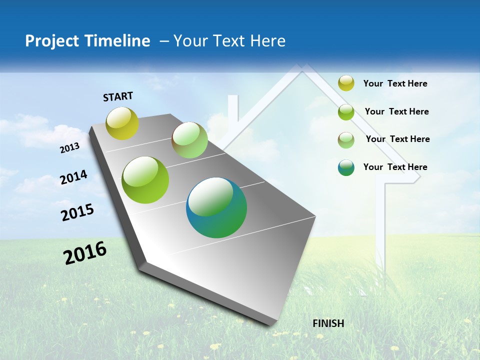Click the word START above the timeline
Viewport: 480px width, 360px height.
pyautogui.click(x=118, y=96)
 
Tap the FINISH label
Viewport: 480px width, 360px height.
pyautogui.click(x=328, y=323)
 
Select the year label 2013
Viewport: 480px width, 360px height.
pyautogui.click(x=70, y=148)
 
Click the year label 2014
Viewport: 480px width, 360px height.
pyautogui.click(x=74, y=177)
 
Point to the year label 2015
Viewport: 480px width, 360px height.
pyautogui.click(x=77, y=212)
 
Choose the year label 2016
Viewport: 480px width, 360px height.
pyautogui.click(x=85, y=253)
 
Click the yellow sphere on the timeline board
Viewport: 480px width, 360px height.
pyautogui.click(x=122, y=123)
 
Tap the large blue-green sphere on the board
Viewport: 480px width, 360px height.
pyautogui.click(x=216, y=207)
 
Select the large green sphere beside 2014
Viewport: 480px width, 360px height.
pyautogui.click(x=145, y=180)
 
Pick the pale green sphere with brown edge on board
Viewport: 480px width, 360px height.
pyautogui.click(x=189, y=140)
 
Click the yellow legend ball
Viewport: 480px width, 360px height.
pyautogui.click(x=346, y=83)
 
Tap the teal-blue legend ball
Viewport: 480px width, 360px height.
pyautogui.click(x=346, y=167)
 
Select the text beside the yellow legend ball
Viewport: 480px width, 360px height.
pyautogui.click(x=395, y=83)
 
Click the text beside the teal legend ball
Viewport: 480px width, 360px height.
pyautogui.click(x=395, y=167)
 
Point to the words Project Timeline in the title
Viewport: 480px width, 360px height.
pyautogui.click(x=87, y=41)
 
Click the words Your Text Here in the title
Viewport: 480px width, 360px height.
pyautogui.click(x=229, y=41)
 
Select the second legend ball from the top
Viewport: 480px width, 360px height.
pyautogui.click(x=346, y=112)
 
